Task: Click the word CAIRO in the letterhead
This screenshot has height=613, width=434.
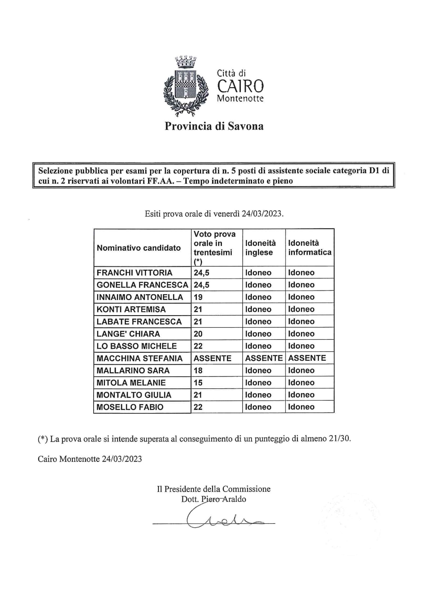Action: coord(240,86)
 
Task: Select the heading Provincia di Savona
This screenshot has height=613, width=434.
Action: coord(214,126)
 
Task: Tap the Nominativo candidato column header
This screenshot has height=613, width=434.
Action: coord(139,248)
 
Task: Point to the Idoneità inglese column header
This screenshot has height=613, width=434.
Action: coord(260,248)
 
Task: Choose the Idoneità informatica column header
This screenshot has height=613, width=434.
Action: coord(310,248)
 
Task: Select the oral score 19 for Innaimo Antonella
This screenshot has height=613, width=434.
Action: coord(198,297)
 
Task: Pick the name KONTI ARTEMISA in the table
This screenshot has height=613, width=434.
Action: coord(131,309)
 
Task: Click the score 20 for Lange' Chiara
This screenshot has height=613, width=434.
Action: coord(198,334)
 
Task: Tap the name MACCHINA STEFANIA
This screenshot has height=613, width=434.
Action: coord(139,358)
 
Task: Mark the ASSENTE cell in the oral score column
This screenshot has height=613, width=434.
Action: coord(212,358)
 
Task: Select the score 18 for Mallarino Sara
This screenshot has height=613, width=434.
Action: coord(198,371)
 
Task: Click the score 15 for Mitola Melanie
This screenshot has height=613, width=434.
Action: coord(198,383)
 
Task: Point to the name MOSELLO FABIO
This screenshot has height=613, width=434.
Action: coord(130,407)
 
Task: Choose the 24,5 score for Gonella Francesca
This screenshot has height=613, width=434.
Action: coord(201,285)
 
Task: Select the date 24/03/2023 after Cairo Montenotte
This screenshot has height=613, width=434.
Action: coord(122,459)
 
